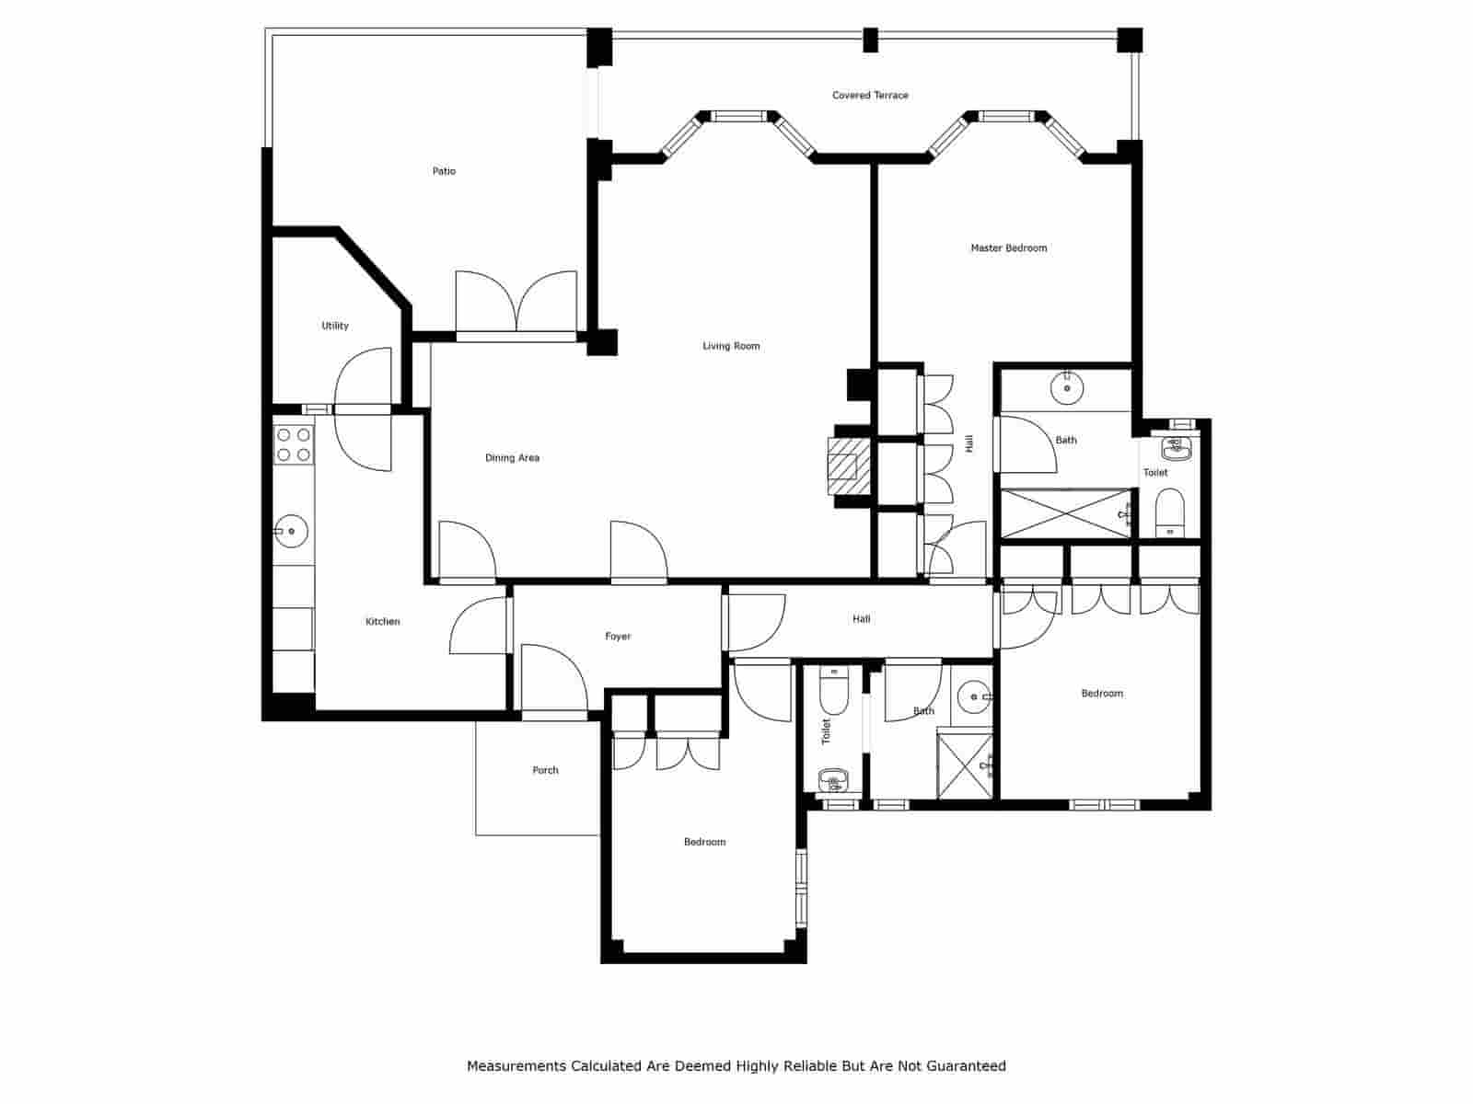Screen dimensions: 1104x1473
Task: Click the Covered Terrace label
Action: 870,95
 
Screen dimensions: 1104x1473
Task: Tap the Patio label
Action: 444,171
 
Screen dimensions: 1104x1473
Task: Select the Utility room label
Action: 335,326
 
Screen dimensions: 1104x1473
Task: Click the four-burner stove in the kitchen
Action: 294,444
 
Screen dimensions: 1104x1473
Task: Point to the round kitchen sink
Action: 292,531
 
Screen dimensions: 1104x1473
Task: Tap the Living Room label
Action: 731,346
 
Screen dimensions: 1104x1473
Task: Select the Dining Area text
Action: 512,457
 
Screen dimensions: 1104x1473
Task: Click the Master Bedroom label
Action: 1008,247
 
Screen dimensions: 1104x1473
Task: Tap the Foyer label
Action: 618,636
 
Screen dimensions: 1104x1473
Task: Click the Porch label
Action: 545,770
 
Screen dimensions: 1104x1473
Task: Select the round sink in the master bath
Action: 1066,388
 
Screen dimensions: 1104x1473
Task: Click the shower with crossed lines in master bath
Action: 1065,513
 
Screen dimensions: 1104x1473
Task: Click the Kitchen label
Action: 383,621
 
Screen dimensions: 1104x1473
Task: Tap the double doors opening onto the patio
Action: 516,304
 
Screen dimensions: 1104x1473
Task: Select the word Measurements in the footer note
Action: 516,1066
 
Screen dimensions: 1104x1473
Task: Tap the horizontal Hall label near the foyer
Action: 861,619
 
